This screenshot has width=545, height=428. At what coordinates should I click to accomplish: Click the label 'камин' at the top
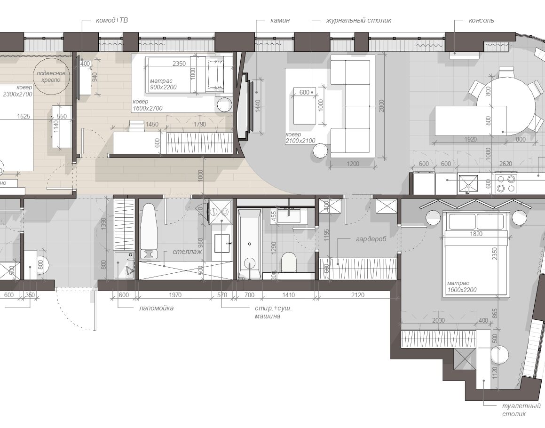280,21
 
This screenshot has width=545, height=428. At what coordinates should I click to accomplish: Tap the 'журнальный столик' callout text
358,21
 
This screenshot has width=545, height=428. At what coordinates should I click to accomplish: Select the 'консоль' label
481,21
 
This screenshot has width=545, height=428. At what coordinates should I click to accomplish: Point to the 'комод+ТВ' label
111,21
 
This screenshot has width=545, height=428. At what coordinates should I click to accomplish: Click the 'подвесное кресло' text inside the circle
51,77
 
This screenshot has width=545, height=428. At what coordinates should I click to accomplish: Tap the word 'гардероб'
371,239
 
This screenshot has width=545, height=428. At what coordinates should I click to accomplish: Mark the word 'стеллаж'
187,252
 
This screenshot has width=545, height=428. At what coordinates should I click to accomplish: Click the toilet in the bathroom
289,262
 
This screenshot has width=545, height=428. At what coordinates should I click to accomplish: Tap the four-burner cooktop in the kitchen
506,183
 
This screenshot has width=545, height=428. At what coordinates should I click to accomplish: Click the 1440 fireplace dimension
258,106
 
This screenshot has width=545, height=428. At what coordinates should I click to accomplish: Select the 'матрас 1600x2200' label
462,287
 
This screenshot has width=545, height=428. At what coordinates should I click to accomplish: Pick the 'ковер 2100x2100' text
300,138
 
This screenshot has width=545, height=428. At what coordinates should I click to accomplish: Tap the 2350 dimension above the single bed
179,63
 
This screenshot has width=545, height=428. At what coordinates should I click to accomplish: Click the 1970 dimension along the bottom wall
175,295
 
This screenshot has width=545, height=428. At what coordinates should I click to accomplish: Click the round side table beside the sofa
321,151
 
